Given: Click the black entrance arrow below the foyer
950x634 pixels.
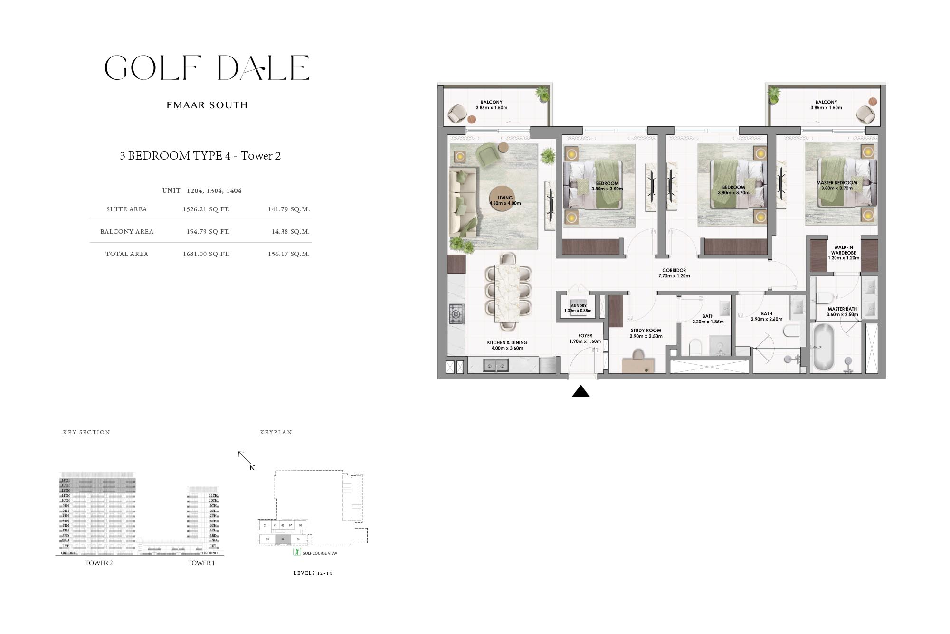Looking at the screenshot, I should click(580, 392).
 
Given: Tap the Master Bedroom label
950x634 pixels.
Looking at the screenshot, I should click(837, 185).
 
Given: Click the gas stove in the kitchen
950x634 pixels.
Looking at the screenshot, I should click(456, 314).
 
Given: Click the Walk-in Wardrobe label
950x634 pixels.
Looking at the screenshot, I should click(844, 253).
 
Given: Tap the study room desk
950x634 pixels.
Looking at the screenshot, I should click(638, 365).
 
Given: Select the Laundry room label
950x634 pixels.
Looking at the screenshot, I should click(578, 308).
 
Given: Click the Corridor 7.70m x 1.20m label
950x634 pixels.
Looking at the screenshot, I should click(674, 273).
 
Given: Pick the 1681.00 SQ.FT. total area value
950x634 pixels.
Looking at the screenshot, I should click(206, 254).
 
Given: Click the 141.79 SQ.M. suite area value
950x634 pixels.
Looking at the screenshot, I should click(288, 209).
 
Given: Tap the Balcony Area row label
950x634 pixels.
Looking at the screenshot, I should click(127, 232).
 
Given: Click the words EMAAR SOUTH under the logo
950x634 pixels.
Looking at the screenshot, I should click(207, 105).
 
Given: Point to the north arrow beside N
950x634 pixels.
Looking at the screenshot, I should click(244, 457).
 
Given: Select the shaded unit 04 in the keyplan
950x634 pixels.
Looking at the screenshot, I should click(283, 539).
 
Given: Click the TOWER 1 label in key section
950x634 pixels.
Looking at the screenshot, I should click(201, 563).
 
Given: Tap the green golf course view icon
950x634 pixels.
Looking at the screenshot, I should click(297, 552).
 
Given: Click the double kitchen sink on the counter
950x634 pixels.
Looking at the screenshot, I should click(495, 365).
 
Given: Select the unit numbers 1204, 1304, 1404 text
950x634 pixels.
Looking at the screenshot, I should click(214, 191).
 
